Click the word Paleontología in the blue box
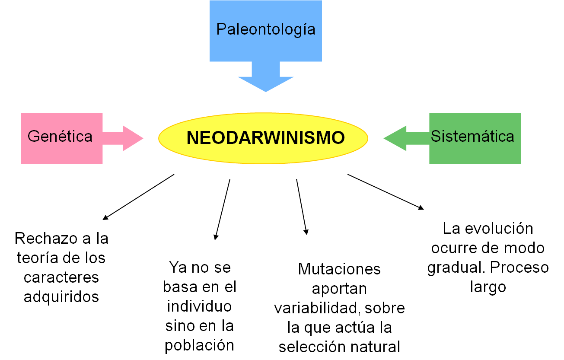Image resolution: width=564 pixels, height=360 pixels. tap(265, 29)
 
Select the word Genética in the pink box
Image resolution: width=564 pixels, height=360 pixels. tap(60, 137)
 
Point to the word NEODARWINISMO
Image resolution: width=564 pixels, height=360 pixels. tap(265, 138)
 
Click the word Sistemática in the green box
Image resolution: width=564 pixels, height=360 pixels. tap(472, 137)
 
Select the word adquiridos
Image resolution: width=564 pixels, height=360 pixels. tap(61, 297)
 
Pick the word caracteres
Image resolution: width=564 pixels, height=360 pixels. tap(61, 277)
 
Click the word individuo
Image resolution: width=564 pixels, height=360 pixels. tap(199, 306)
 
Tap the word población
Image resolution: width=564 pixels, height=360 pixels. tap(199, 345)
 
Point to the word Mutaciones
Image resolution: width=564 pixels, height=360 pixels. tap(339, 269)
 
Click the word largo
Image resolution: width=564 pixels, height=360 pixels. tap(488, 287)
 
